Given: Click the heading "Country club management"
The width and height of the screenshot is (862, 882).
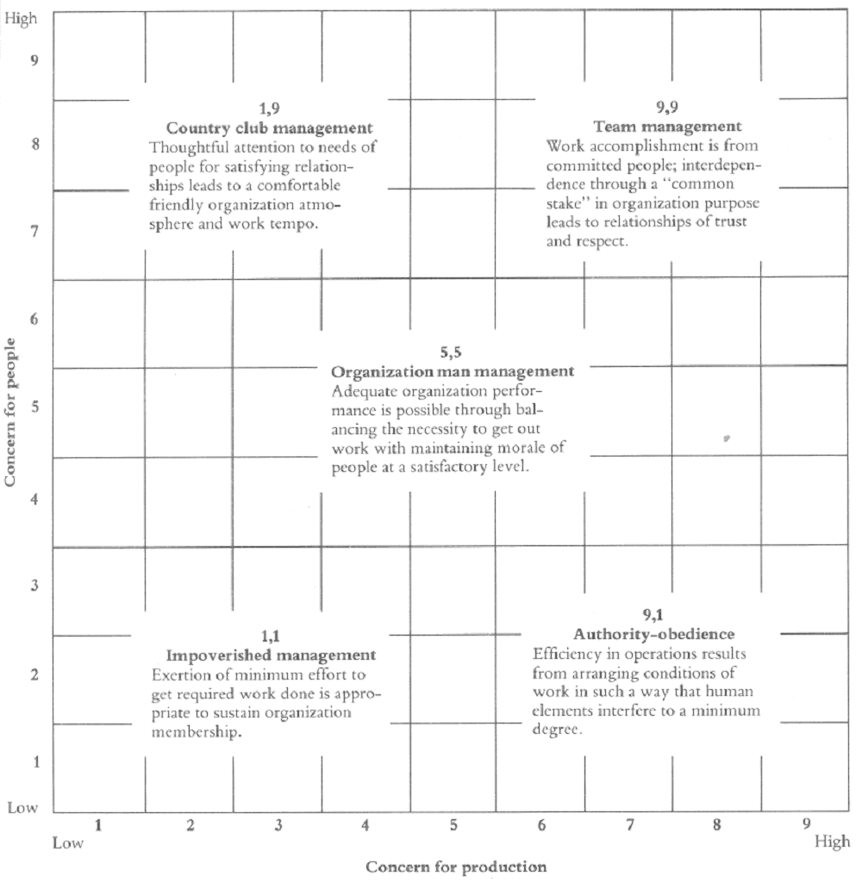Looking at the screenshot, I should click(x=269, y=128).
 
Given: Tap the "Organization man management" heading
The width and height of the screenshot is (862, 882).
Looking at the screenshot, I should click(x=453, y=371).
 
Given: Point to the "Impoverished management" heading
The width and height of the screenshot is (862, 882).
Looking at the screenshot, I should click(x=271, y=655).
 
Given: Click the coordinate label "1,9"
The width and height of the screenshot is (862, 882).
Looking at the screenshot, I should click(x=270, y=109).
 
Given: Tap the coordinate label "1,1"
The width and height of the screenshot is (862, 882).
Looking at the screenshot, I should click(x=271, y=637).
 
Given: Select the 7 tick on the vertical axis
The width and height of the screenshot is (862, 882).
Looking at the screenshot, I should click(x=35, y=230).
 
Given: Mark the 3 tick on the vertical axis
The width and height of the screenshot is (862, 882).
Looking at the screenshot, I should click(x=35, y=587).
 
